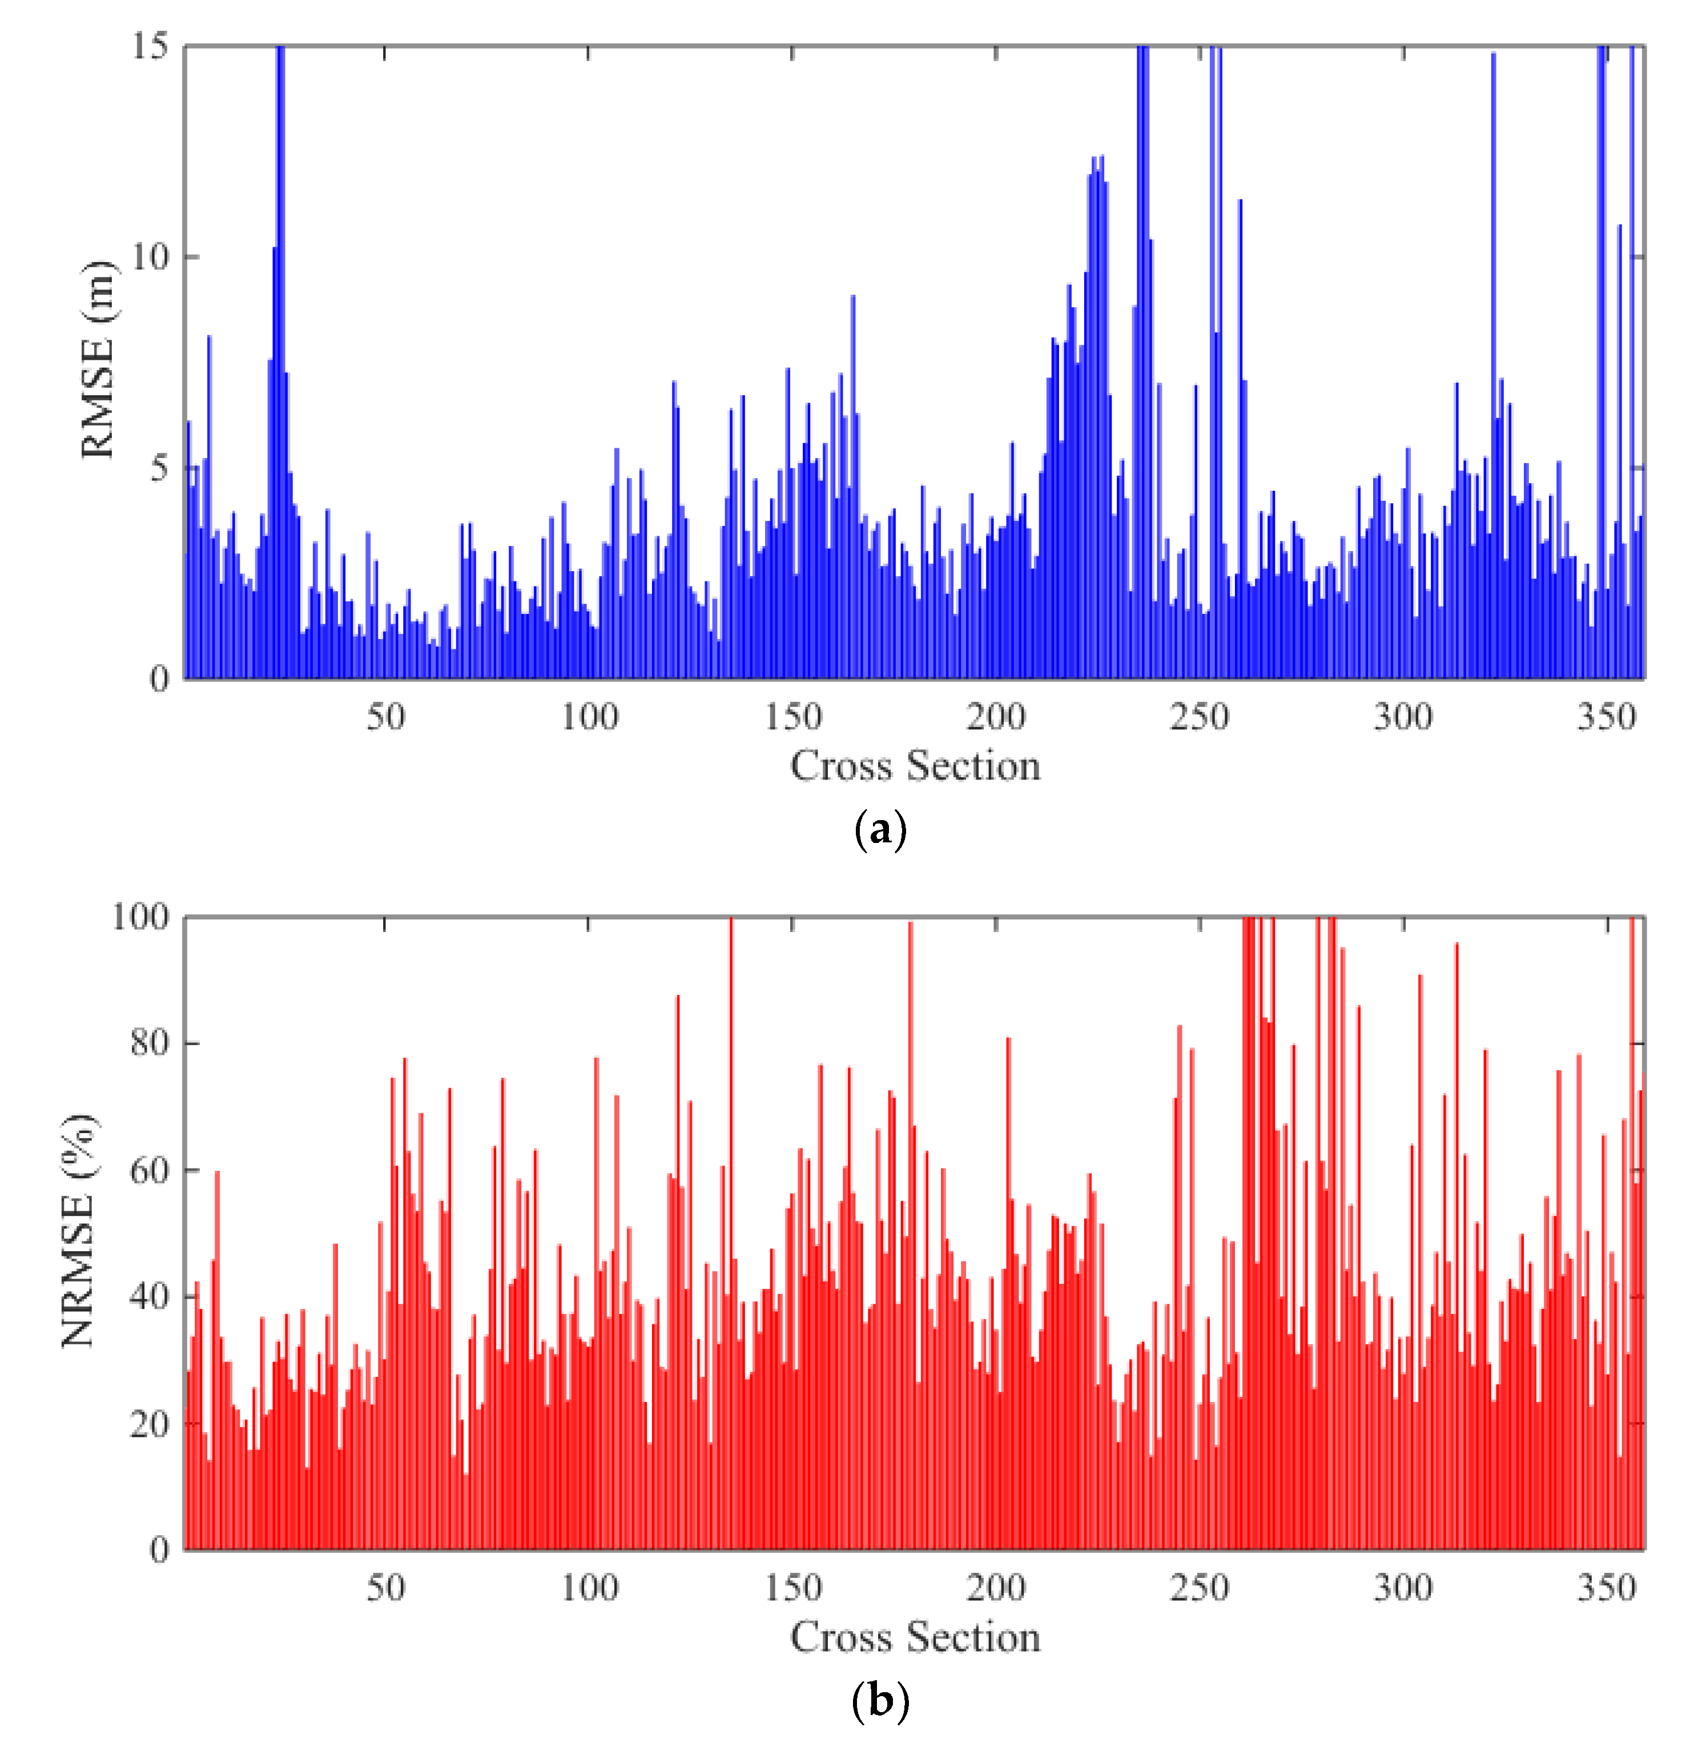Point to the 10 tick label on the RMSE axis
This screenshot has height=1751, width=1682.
coord(149,258)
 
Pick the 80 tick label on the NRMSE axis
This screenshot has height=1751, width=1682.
coord(148,1043)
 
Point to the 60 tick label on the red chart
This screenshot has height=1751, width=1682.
coord(148,1170)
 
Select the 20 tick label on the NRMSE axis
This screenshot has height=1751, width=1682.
coord(148,1423)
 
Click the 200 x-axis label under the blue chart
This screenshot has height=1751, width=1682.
coord(995,717)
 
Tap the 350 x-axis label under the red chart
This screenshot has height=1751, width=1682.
coord(1606,1588)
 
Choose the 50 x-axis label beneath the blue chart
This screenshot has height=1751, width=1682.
coord(385,717)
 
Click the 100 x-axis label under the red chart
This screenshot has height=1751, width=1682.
coord(589,1588)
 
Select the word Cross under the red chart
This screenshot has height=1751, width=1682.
coord(840,1637)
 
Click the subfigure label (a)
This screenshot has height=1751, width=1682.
coord(880,830)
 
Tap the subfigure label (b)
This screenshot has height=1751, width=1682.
coord(880,1700)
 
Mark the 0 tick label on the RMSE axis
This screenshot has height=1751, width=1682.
coord(158,680)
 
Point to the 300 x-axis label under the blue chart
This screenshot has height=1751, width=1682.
coord(1402,717)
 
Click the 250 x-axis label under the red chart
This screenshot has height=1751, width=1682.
coord(1199,1588)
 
